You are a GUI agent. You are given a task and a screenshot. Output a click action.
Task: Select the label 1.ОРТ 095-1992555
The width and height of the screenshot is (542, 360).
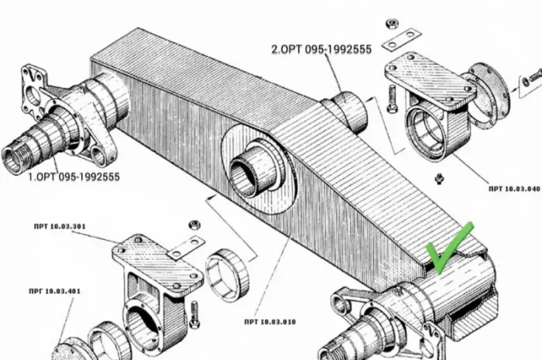point(74,177)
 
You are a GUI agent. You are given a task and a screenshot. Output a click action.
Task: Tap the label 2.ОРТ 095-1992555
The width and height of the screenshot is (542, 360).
point(321,50)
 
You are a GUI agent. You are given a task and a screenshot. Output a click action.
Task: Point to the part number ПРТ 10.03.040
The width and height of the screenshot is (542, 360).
point(514,189)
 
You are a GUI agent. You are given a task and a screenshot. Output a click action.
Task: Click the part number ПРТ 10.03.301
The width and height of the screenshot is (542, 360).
point(60,227)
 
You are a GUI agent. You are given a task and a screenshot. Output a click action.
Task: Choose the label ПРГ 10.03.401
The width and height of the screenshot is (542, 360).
point(55,291)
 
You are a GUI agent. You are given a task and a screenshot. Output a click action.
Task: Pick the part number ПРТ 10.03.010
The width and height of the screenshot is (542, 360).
point(270,322)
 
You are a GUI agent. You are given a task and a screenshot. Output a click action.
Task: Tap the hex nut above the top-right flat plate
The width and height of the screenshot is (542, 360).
point(392,24)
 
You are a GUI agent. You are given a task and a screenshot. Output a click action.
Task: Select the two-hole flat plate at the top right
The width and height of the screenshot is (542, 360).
point(401,39)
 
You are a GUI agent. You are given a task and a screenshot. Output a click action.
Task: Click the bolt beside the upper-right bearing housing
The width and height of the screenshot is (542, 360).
point(393,99)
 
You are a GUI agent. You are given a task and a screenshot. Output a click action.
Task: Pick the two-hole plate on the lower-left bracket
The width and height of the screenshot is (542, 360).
point(186,247)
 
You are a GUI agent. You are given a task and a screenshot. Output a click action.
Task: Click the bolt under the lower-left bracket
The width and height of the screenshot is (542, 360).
point(194,314)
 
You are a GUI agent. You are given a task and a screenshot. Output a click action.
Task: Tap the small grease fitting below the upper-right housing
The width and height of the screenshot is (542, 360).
point(439,179)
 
